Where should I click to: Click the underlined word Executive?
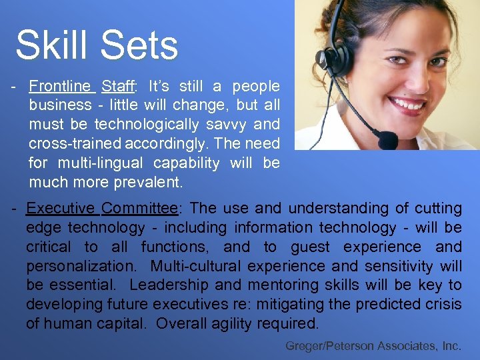pyautogui.click(x=61, y=209)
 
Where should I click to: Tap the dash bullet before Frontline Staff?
pyautogui.click(x=14, y=86)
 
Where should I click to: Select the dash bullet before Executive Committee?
pyautogui.click(x=14, y=209)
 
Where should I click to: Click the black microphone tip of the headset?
pyautogui.click(x=387, y=140)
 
